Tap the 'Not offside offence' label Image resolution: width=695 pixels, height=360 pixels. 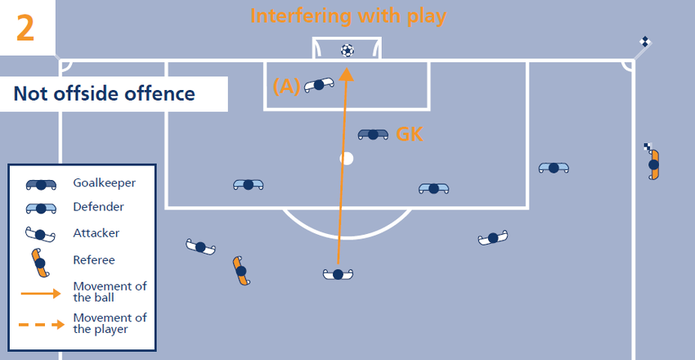104,94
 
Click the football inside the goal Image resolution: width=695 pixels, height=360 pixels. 347,51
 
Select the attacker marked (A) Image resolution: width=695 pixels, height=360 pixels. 319,84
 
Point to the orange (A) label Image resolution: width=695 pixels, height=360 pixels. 286,84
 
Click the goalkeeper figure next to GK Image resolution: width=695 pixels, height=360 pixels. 373,134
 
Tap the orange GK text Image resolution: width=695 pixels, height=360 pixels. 409,134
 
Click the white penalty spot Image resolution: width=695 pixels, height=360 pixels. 347,158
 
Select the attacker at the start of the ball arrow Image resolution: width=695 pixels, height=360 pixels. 338,274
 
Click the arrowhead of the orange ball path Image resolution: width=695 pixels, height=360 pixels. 347,74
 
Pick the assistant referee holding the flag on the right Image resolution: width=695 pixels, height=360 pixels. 653,163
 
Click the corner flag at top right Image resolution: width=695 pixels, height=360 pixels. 644,43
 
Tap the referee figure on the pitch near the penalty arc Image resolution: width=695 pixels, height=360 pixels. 240,271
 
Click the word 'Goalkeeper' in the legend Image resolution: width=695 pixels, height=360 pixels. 104,182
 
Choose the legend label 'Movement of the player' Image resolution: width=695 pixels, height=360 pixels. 109,323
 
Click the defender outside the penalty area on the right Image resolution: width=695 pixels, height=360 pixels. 554,168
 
